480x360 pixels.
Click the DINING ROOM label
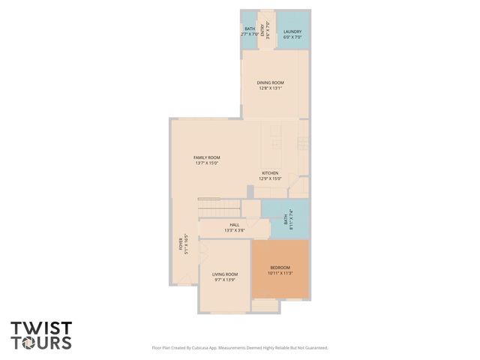271,82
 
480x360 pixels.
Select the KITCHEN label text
270,172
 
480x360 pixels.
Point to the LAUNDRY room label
292,32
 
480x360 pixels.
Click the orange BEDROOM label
280,267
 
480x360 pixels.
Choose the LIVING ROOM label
226,274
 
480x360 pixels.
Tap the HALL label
234,224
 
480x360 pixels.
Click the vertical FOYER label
180,243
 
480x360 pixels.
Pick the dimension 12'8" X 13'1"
271,88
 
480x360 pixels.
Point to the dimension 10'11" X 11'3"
280,273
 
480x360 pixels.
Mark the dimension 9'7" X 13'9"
226,280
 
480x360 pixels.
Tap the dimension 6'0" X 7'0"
292,37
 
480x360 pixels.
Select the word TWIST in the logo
41,328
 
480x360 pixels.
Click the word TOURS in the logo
41,343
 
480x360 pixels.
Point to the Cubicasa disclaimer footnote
240,348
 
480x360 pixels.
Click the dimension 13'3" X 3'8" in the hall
234,230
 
